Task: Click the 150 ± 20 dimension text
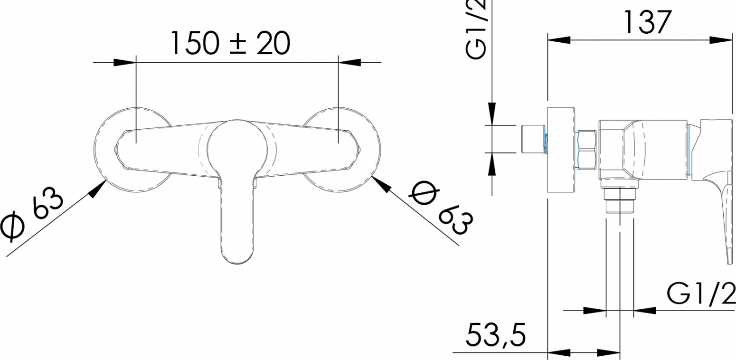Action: pos(231,43)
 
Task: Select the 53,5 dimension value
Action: pos(495,335)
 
